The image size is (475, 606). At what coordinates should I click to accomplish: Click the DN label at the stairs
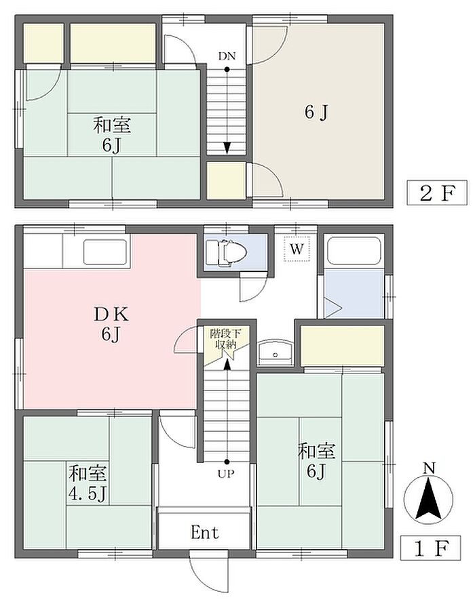[x=227, y=56]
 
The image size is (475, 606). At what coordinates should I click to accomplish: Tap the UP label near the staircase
[x=226, y=473]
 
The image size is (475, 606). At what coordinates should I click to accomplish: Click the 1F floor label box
[x=430, y=548]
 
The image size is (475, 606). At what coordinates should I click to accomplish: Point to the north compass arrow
[x=428, y=499]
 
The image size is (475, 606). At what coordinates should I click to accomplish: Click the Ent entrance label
[x=205, y=532]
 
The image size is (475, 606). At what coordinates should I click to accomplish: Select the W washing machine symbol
[x=297, y=249]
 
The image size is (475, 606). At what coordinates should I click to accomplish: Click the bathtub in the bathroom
[x=354, y=251]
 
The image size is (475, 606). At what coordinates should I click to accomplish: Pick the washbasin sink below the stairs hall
[x=275, y=352]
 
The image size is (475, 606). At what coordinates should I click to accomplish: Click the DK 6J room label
[x=111, y=324]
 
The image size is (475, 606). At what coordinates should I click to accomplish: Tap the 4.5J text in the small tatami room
[x=87, y=494]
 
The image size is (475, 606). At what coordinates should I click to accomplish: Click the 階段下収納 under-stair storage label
[x=225, y=338]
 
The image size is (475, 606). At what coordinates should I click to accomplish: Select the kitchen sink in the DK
[x=105, y=252]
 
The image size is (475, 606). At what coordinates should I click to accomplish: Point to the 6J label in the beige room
[x=316, y=112]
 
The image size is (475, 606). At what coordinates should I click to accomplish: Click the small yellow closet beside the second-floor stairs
[x=226, y=180]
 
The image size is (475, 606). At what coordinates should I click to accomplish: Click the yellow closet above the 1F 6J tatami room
[x=342, y=346]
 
